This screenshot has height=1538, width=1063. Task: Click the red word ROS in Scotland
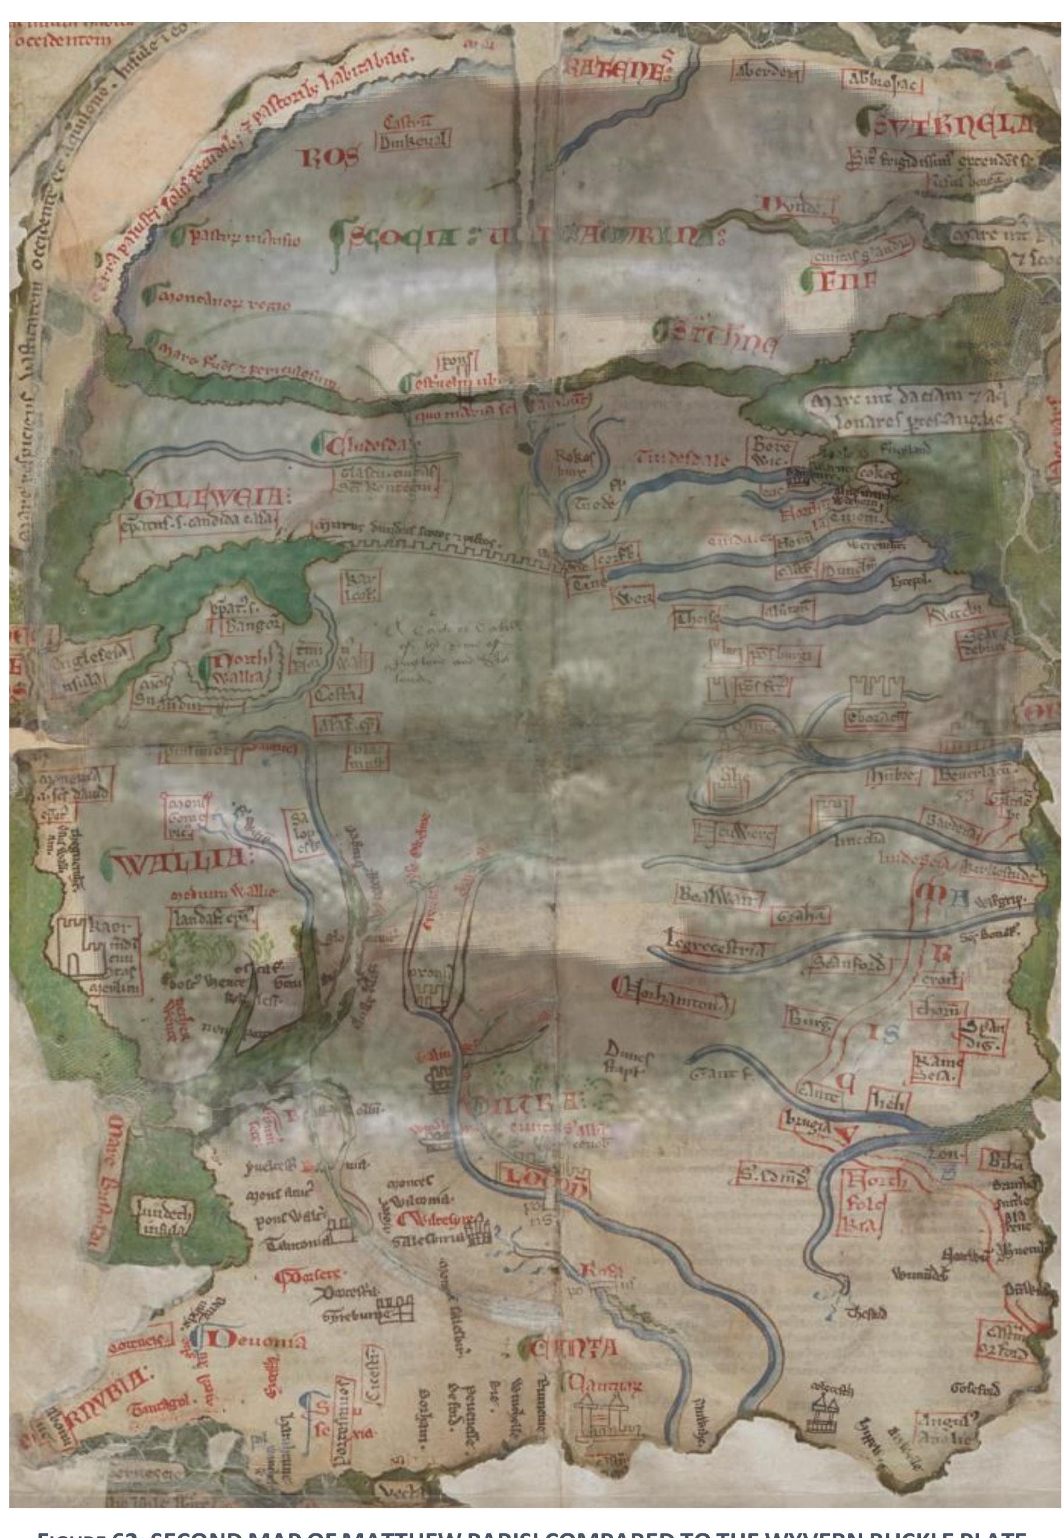tap(331, 158)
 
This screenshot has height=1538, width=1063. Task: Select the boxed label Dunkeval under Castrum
tap(413, 142)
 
